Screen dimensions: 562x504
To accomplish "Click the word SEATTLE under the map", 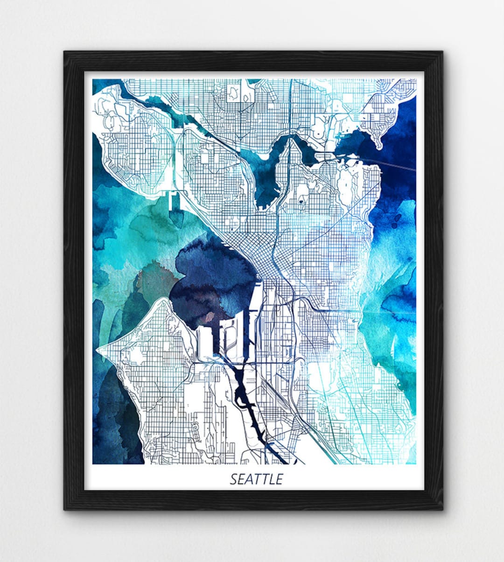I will click(x=256, y=479).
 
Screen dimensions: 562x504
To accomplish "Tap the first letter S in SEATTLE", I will click(x=233, y=479).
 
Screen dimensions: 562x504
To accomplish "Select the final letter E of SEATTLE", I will click(x=280, y=479).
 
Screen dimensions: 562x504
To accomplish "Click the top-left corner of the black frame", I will click(x=65, y=53).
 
